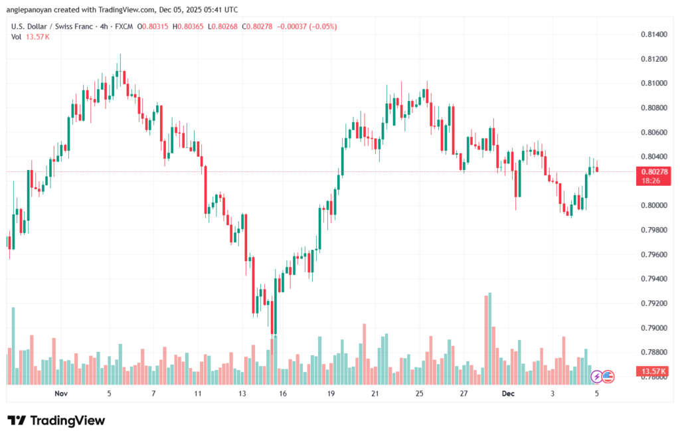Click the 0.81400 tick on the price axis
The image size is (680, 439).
(x=653, y=34)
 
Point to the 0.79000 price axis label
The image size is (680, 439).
(x=653, y=328)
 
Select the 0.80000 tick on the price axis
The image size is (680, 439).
(x=653, y=205)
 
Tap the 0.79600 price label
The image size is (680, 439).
(x=653, y=254)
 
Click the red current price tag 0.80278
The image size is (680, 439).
(x=653, y=171)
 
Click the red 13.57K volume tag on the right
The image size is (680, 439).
(x=653, y=371)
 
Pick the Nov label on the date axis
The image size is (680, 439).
(x=61, y=393)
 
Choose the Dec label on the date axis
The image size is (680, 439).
(x=508, y=393)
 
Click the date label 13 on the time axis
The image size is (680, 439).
(x=242, y=393)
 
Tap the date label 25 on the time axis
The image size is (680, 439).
(x=420, y=393)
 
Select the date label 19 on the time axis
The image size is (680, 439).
(x=331, y=393)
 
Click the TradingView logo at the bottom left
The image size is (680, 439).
(x=56, y=420)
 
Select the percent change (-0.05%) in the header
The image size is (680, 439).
(x=323, y=27)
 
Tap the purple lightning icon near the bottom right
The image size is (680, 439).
(x=596, y=377)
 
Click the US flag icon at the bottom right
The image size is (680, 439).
(x=608, y=377)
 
